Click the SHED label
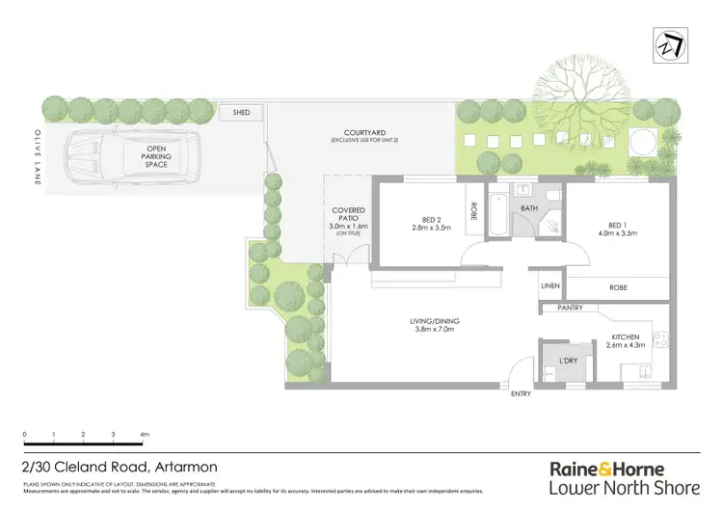[x=241, y=113]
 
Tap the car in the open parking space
[x=134, y=162]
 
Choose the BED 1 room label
[x=616, y=219]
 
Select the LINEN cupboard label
[x=549, y=286]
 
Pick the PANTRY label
[x=571, y=309]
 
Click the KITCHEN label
[x=626, y=336]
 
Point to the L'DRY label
[x=569, y=361]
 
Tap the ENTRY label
[x=521, y=393]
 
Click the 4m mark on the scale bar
[x=146, y=436]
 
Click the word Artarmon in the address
[x=182, y=467]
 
